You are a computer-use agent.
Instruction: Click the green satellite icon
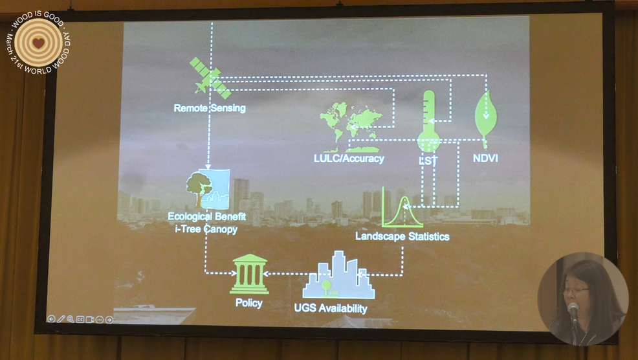[x=210, y=78]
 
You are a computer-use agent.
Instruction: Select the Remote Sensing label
[x=210, y=108]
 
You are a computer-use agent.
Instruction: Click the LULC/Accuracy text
[x=349, y=158]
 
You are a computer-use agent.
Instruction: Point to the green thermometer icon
[x=428, y=121]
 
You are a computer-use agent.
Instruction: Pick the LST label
[x=428, y=161]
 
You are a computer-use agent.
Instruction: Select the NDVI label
[x=485, y=158]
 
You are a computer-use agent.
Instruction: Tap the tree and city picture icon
[x=208, y=189]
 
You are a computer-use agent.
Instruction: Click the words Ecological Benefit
[x=206, y=216]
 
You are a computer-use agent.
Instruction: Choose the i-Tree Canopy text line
[x=206, y=229]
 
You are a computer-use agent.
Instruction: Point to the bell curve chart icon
[x=402, y=207]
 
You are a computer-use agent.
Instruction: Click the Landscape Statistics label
[x=402, y=236]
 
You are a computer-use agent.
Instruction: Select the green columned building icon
[x=249, y=274]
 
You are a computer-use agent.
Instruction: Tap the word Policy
[x=249, y=302]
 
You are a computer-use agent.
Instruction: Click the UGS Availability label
[x=331, y=308]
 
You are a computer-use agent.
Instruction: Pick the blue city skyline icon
[x=338, y=275]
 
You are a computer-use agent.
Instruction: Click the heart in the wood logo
[x=38, y=43]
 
